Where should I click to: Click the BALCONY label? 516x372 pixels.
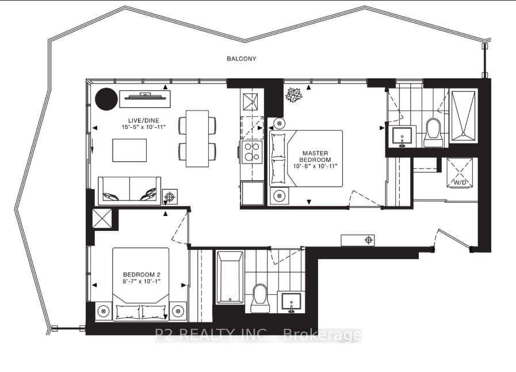(x=241, y=59)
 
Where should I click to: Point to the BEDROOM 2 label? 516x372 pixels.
(x=140, y=275)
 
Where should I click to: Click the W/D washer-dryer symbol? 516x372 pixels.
(x=459, y=173)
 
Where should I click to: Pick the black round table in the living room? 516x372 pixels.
(x=106, y=99)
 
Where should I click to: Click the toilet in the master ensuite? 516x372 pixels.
(x=431, y=131)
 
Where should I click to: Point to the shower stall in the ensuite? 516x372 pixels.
(x=463, y=115)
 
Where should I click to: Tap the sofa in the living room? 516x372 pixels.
(x=129, y=191)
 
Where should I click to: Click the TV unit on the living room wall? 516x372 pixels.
(x=144, y=100)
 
